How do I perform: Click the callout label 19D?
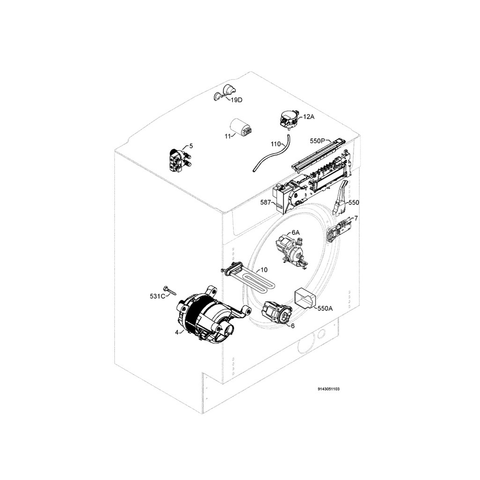236,100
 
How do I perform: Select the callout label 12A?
308,117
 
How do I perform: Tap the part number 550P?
317,141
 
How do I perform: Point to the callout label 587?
265,202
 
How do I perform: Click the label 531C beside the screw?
157,296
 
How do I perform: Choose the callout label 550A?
325,308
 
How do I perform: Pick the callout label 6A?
296,232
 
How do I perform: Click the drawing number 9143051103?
329,389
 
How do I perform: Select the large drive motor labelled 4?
211,316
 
